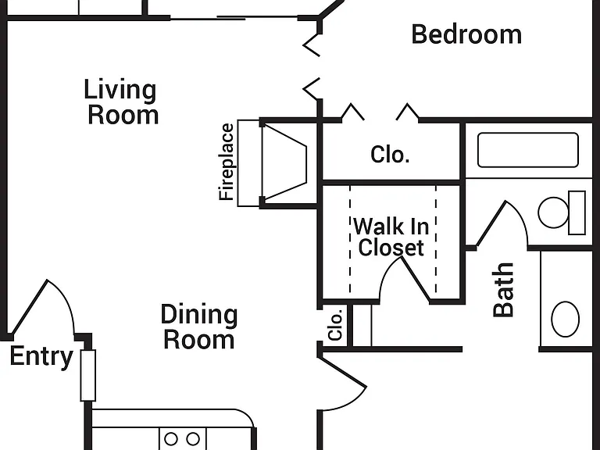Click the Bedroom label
(x=466, y=34)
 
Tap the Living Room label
(x=121, y=102)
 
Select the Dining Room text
(x=199, y=327)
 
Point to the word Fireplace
(x=226, y=162)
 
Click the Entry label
(x=41, y=357)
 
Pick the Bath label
(x=503, y=290)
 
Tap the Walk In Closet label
(x=391, y=237)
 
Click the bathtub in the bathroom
(x=528, y=150)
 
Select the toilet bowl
(x=554, y=212)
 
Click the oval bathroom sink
(x=565, y=319)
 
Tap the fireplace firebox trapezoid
(x=284, y=163)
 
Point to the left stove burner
(x=171, y=438)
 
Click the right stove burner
(x=193, y=438)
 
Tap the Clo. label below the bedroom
(x=390, y=155)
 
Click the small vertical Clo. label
(x=335, y=325)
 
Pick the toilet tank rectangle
(x=577, y=212)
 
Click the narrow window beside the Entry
(x=88, y=375)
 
